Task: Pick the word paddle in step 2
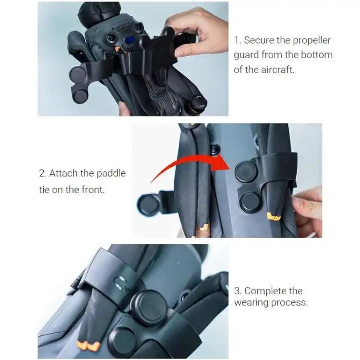(x=110, y=173)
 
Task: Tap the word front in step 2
(x=92, y=189)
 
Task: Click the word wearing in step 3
(x=251, y=302)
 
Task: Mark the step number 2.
(x=43, y=173)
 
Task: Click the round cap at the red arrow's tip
(x=246, y=171)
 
